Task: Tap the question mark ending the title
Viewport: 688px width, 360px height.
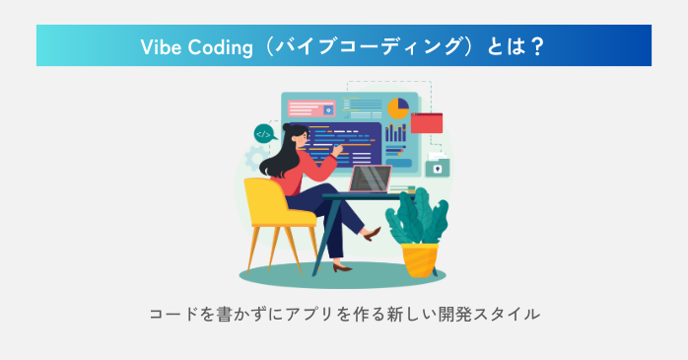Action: [x=537, y=46]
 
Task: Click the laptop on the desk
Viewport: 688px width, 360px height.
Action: [x=369, y=180]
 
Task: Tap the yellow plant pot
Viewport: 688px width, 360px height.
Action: [x=421, y=258]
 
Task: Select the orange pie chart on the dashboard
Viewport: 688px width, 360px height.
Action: [x=397, y=108]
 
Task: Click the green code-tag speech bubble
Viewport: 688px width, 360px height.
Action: [x=263, y=132]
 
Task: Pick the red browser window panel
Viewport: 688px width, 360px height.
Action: [x=428, y=123]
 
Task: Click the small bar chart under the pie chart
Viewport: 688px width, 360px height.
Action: [x=396, y=133]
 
